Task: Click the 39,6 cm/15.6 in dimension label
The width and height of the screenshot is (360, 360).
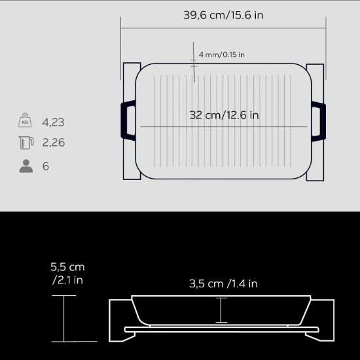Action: (223, 15)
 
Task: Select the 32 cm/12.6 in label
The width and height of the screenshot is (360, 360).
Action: (224, 115)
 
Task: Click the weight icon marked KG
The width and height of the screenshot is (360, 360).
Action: (26, 121)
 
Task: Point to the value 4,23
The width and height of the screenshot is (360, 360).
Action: (53, 122)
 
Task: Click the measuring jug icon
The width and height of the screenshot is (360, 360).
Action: (26, 143)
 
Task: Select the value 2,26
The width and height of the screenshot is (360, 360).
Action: (53, 143)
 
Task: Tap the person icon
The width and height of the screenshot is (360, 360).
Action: (26, 166)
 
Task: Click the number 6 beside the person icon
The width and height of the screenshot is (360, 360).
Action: (46, 166)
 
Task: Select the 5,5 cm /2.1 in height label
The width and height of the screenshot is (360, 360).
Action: (67, 274)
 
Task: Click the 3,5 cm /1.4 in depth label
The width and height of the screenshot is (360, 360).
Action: (223, 283)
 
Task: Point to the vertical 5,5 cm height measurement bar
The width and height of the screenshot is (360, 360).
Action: (65, 318)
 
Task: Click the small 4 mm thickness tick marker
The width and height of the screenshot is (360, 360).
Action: (194, 62)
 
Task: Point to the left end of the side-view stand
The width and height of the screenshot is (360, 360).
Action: (118, 320)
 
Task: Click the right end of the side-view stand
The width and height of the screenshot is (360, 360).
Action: (328, 320)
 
